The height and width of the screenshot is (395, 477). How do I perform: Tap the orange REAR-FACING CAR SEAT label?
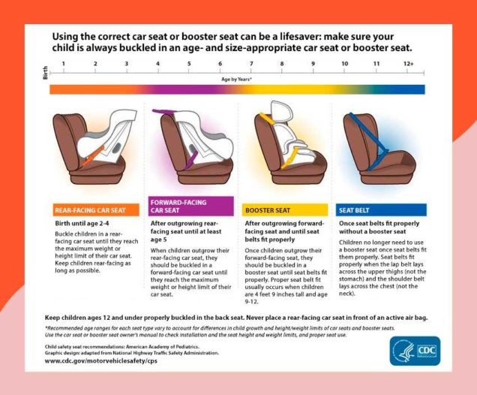pos(95,210)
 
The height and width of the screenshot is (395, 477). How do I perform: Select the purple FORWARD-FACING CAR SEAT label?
pos(191,207)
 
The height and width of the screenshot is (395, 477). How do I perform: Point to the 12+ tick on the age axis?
pos(408,64)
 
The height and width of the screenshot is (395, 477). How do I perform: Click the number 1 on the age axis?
pos(64,64)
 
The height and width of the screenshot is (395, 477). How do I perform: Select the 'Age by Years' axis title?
pos(236,78)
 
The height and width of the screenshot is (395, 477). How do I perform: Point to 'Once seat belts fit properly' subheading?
pos(380,223)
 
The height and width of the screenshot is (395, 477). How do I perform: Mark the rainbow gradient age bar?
pos(237,89)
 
